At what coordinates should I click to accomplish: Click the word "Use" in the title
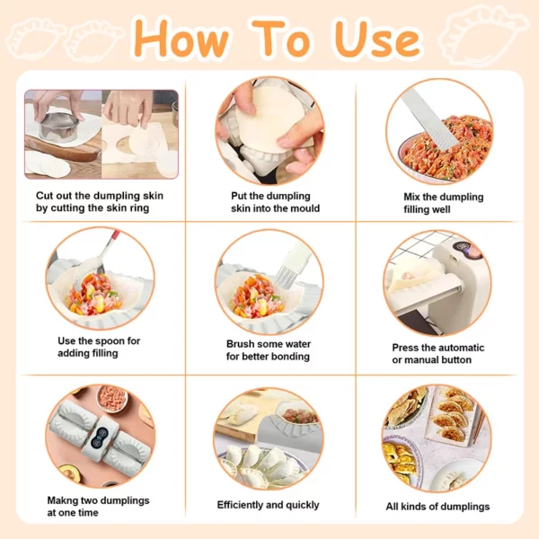click(x=377, y=39)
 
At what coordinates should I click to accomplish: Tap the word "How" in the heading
click(x=181, y=38)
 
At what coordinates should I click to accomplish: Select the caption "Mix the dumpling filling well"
click(x=444, y=203)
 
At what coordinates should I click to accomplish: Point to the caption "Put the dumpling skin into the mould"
click(x=276, y=202)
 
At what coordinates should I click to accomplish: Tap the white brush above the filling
click(x=291, y=266)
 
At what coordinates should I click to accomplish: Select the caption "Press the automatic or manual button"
click(x=438, y=354)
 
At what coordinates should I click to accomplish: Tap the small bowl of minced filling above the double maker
click(x=112, y=398)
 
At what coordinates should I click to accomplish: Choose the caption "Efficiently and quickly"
click(x=268, y=505)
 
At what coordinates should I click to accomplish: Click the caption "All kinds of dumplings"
click(x=437, y=507)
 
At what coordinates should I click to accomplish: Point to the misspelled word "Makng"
click(x=62, y=500)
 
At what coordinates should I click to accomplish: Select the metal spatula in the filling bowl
click(x=429, y=119)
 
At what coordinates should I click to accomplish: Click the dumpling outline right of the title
click(x=484, y=35)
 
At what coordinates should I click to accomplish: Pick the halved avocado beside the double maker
click(x=70, y=473)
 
